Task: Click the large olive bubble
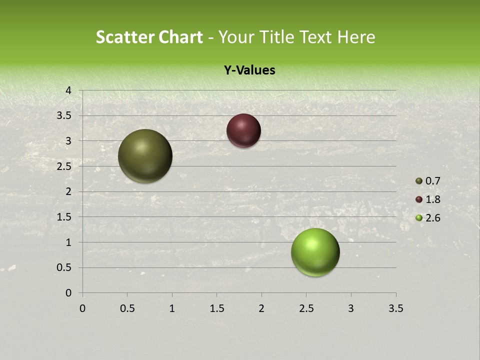tap(145, 156)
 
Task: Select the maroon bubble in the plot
tap(243, 130)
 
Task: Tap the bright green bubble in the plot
tap(315, 252)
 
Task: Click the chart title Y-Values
tap(249, 70)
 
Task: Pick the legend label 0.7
tap(433, 181)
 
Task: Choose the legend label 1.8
tap(433, 199)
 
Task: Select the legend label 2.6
tap(433, 218)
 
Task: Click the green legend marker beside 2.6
tap(419, 218)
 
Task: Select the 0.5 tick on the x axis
tap(127, 308)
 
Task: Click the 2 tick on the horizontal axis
tap(261, 308)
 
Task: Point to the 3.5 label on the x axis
tap(395, 308)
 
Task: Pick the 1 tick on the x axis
tap(172, 308)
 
